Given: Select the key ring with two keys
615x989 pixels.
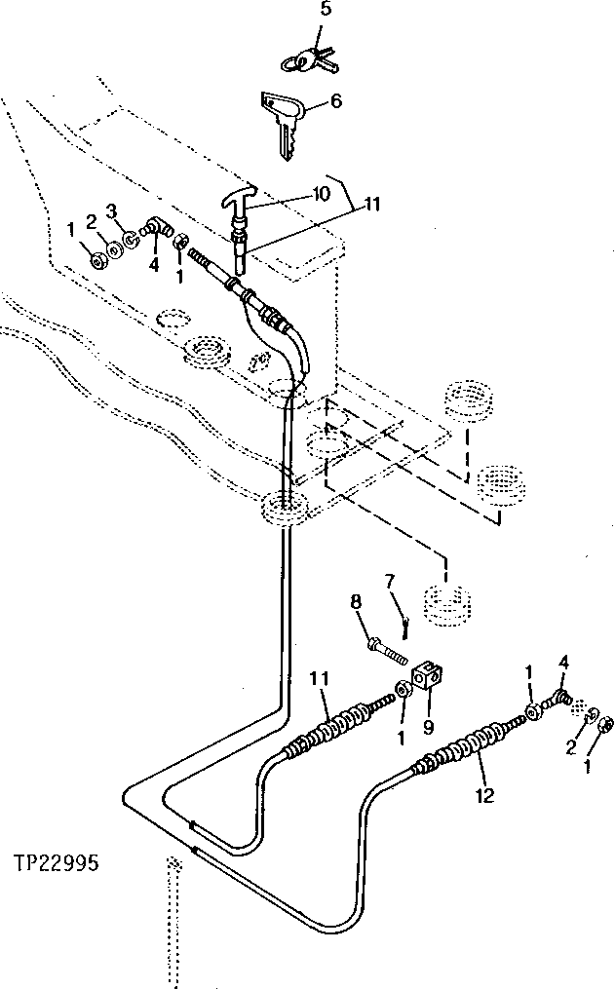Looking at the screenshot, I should point(306,61).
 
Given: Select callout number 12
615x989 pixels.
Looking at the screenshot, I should point(484,796).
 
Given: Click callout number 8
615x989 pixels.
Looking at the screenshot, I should point(357,606).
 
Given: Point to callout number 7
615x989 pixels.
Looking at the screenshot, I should point(390,583).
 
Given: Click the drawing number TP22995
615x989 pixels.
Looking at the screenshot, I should point(56,862).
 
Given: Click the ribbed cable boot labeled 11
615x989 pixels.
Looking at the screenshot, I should point(337,725).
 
